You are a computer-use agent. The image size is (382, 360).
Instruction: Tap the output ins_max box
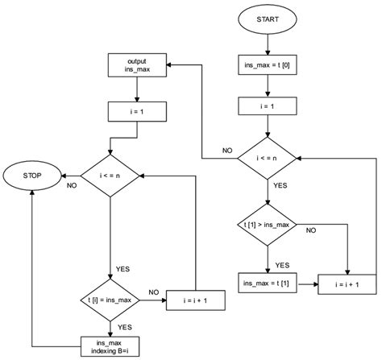(135, 65)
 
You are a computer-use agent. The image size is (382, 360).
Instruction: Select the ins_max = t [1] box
(265, 283)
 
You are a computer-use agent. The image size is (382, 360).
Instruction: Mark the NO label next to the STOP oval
(72, 184)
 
